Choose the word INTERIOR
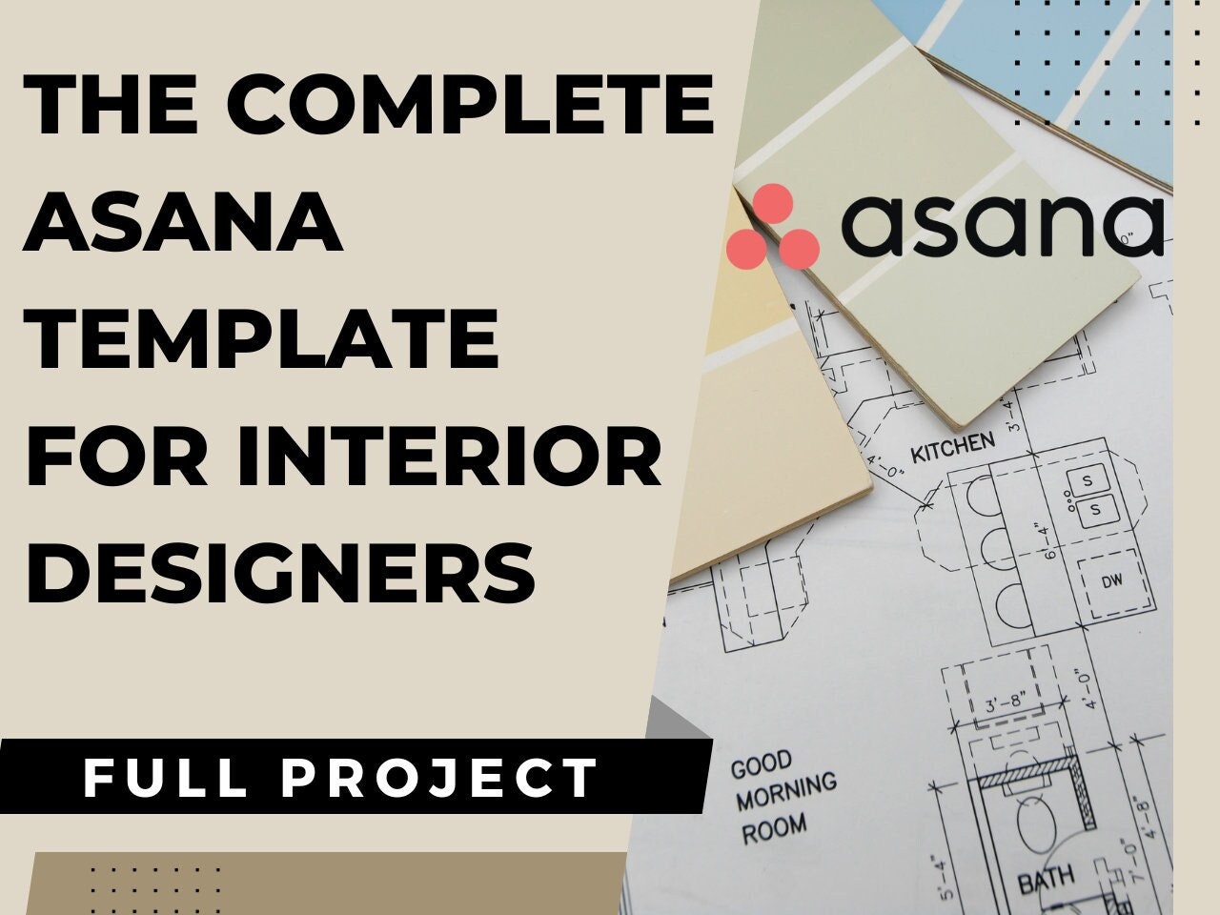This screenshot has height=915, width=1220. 459,457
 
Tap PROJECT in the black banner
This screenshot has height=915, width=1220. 438,778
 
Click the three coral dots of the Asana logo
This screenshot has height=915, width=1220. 772,227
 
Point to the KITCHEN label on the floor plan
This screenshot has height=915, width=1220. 953,445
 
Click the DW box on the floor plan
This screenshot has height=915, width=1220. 1111,581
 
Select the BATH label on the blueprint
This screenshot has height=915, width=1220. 1046,880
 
